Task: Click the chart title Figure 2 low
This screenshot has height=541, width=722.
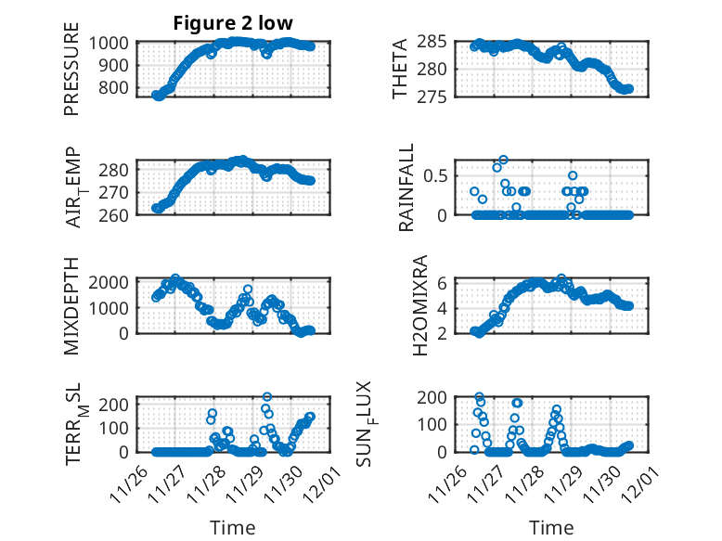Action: (x=233, y=23)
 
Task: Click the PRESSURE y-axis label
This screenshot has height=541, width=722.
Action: (x=71, y=76)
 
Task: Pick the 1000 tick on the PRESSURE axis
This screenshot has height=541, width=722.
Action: (x=113, y=43)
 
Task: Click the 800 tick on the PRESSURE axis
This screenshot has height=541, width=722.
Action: (x=119, y=88)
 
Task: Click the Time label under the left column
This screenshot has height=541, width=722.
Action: (x=233, y=527)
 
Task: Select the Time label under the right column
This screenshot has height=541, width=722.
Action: (x=551, y=527)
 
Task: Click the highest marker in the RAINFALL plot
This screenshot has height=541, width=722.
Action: (x=504, y=160)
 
